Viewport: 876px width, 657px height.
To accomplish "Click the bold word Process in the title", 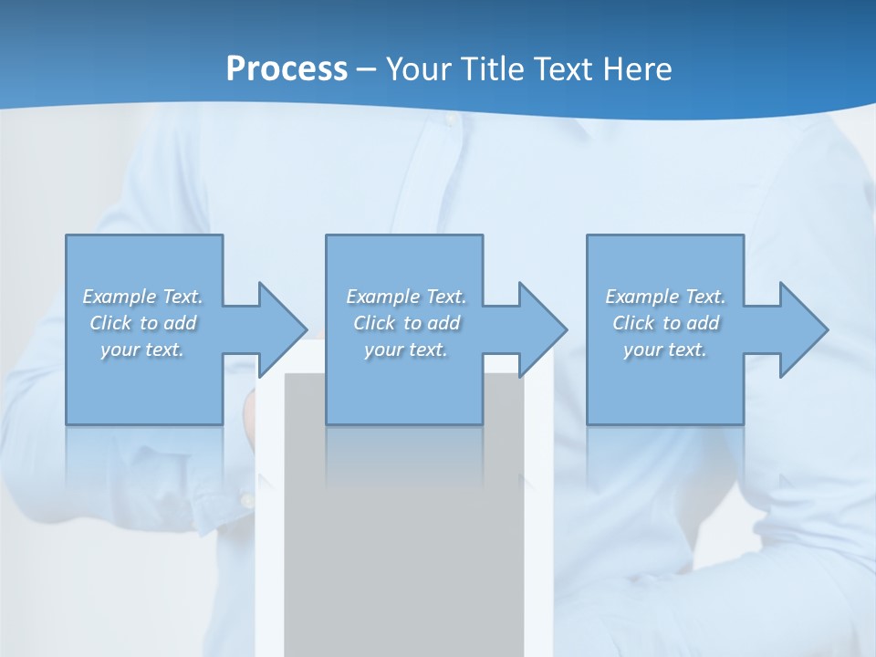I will [x=287, y=69].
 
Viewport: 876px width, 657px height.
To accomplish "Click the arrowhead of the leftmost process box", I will [x=281, y=329].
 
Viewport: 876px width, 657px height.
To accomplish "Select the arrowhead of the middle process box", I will [x=541, y=329].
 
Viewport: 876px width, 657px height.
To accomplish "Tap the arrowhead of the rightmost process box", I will [x=802, y=329].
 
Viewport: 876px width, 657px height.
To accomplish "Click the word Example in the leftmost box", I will [x=119, y=297].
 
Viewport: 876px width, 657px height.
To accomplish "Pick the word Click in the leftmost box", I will [x=111, y=323].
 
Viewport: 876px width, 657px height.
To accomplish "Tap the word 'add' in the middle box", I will [x=443, y=323].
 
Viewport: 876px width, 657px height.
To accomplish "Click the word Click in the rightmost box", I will [x=634, y=323].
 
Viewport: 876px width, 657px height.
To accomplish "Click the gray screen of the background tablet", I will [x=403, y=547].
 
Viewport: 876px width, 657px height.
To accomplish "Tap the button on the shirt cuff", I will [x=245, y=500].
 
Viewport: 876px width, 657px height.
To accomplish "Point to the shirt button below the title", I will [x=450, y=120].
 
